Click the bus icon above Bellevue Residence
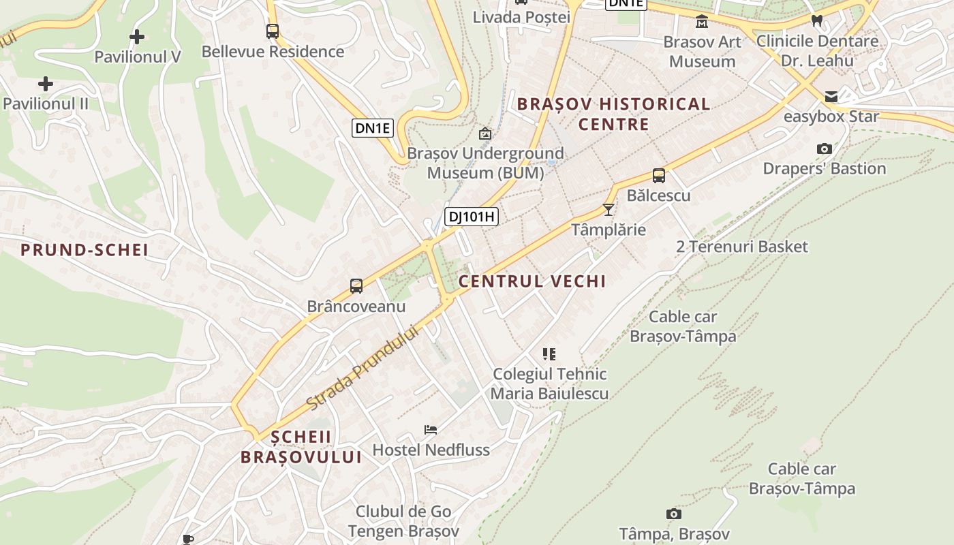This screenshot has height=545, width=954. (273, 31)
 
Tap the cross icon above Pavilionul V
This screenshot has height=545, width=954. (137, 36)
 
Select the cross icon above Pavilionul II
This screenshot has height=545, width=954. (46, 84)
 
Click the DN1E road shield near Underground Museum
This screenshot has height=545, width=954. (373, 127)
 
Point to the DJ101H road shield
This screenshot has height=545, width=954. (472, 217)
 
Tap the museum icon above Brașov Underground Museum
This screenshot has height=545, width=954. (485, 134)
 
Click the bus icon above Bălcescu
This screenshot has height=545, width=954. (659, 176)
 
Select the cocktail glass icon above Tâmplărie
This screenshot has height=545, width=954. (609, 210)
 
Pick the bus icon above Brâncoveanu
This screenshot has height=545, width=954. (356, 286)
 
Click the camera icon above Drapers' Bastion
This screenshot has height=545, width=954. (825, 149)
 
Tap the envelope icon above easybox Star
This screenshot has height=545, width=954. (831, 96)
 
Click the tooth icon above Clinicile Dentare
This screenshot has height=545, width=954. (817, 21)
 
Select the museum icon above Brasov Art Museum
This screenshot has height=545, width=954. (702, 22)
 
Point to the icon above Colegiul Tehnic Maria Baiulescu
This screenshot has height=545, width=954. (549, 354)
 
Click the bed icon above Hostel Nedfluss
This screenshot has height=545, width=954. (431, 429)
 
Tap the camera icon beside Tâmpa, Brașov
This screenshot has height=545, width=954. (674, 514)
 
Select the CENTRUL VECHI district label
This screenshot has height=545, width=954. (532, 281)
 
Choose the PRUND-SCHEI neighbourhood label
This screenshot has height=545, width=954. (84, 250)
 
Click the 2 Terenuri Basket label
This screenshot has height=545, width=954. (742, 247)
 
